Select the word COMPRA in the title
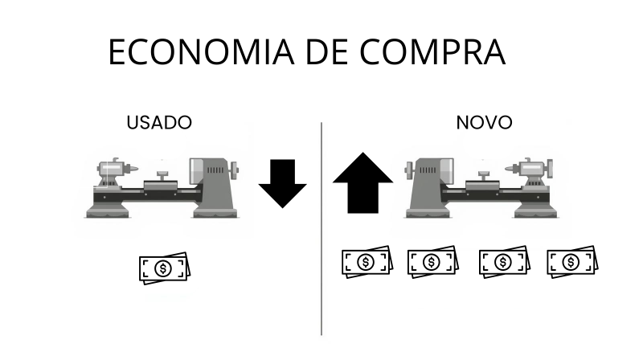(x=433, y=53)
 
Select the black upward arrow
(x=362, y=184)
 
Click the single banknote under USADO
(x=163, y=268)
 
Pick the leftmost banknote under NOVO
(x=366, y=262)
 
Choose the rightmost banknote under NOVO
(x=571, y=262)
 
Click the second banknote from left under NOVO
(x=432, y=262)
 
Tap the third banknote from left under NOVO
(x=502, y=262)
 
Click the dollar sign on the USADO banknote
(x=163, y=269)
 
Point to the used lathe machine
(x=165, y=187)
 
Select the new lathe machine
(x=481, y=187)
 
